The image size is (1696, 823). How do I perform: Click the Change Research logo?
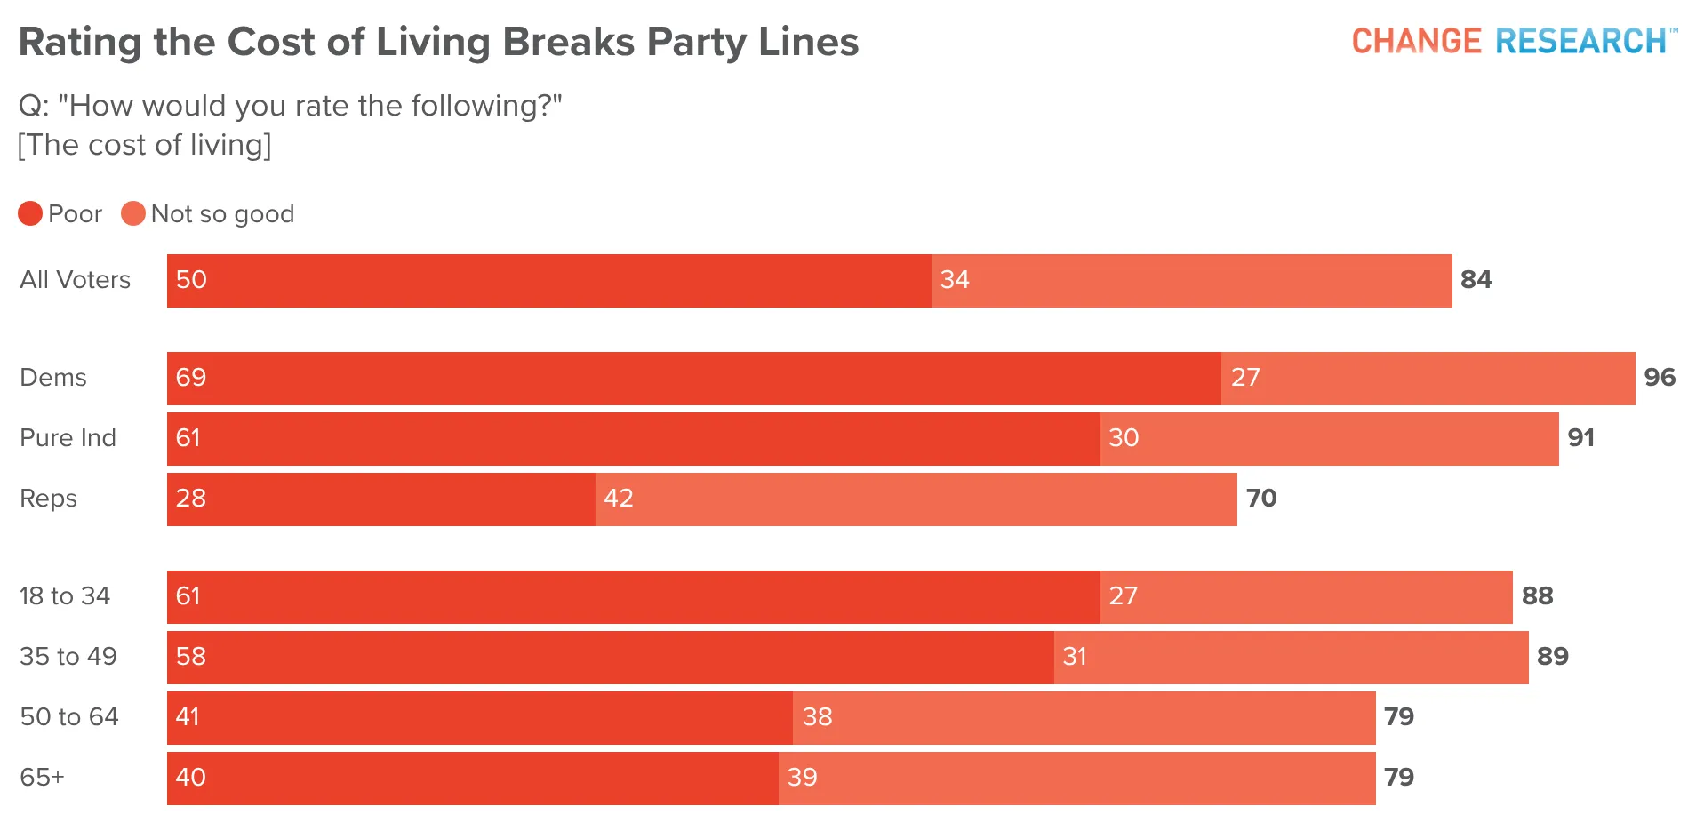coord(1515,41)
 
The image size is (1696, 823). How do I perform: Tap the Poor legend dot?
coord(30,213)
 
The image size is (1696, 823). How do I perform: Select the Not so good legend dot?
coord(133,213)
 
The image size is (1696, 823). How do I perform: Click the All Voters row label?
coord(76,280)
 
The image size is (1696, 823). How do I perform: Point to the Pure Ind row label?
coord(68,438)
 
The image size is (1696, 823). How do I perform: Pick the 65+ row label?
coord(43,778)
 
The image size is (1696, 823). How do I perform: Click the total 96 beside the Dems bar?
coord(1660,378)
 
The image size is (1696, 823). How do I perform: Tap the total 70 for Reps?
coord(1261,499)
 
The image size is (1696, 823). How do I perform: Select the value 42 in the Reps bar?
coord(619,499)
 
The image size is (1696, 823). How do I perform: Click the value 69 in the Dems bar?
coord(191,378)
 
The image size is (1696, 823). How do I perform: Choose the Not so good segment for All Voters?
coord(1192,281)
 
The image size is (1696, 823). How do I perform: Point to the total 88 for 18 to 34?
coord(1538,596)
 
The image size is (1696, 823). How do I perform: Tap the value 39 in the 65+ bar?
coord(803,778)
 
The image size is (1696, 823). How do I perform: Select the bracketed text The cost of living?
coord(145,145)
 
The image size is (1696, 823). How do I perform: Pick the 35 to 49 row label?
coord(68,657)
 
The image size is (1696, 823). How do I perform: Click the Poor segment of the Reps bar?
coord(381,499)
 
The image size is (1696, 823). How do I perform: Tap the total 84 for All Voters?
coord(1476,280)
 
